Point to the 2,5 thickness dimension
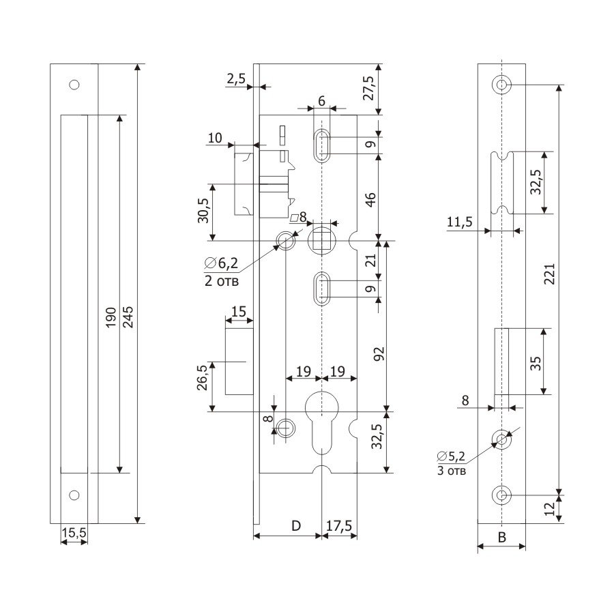235,79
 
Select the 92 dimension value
380,353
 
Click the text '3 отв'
452,470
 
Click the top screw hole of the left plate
74,85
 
